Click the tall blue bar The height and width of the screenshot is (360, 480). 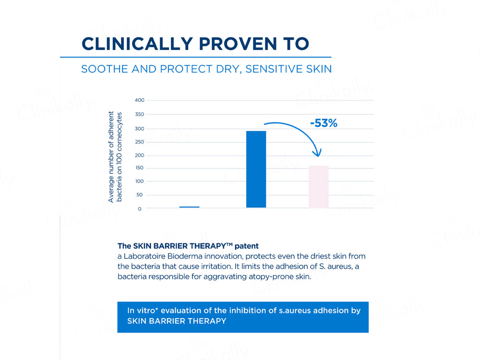click(x=256, y=169)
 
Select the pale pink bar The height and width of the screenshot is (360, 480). click(x=318, y=187)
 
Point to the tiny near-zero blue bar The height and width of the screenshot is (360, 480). click(x=189, y=207)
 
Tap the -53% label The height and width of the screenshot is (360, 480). click(x=324, y=123)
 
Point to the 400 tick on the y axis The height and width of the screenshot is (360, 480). click(x=139, y=100)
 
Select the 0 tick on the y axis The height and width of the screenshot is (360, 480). click(x=139, y=209)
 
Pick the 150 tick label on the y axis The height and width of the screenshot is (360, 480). click(x=139, y=168)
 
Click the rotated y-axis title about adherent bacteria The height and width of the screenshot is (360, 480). click(x=115, y=156)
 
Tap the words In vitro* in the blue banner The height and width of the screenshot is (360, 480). click(x=142, y=311)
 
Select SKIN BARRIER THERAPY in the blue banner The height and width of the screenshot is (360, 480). click(x=176, y=321)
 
